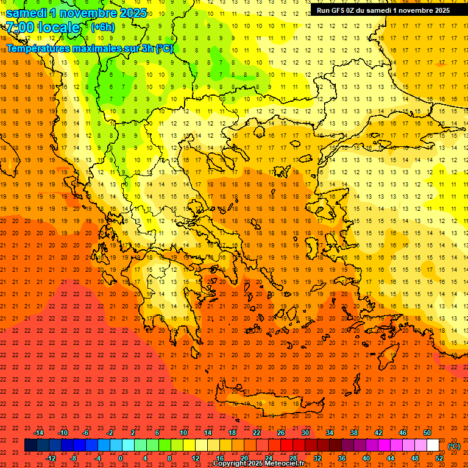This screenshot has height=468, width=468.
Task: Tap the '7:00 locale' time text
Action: tap(43, 27)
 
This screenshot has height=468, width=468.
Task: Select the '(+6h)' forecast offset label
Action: tap(102, 27)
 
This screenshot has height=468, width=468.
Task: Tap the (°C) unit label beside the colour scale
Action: tap(454, 446)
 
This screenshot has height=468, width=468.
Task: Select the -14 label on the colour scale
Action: tap(38, 433)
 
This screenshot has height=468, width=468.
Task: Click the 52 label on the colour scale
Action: tap(439, 458)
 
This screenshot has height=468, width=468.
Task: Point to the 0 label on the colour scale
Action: tap(121, 458)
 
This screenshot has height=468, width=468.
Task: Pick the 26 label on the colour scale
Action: tap(281, 433)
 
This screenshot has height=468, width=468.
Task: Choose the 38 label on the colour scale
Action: tap(354, 433)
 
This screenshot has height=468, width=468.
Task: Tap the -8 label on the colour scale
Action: tap(74, 458)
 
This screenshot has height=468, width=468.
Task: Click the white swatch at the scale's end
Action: tap(433, 445)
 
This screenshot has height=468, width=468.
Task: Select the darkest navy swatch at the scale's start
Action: tap(30, 445)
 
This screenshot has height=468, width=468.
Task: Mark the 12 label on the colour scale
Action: tap(196, 458)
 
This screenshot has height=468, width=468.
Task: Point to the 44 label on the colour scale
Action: tap(391, 458)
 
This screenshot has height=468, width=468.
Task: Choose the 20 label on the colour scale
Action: tap(244, 458)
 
